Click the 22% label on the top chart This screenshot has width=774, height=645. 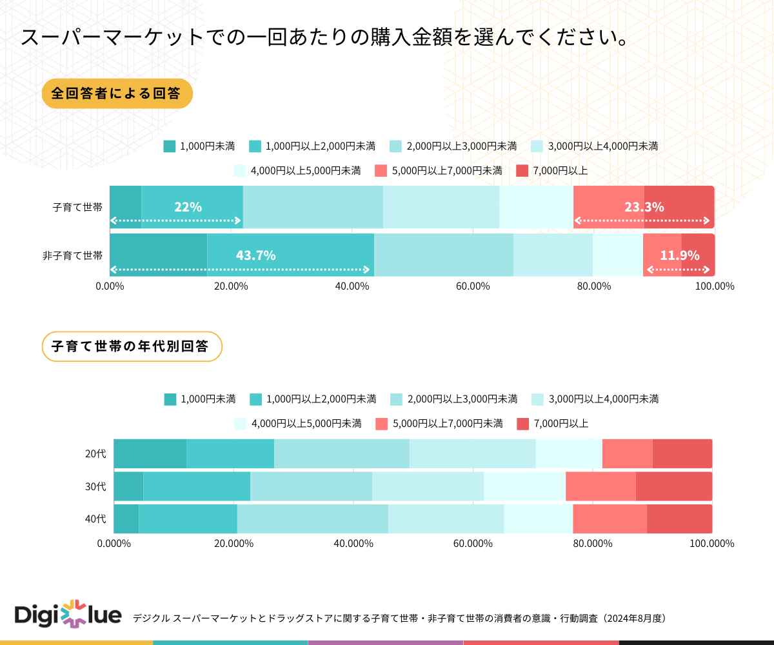[188, 207]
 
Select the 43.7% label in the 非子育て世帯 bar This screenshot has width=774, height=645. [255, 255]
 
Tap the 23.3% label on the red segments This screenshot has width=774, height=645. [644, 207]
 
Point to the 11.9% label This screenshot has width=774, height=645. [679, 255]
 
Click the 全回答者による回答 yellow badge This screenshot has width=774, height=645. [117, 93]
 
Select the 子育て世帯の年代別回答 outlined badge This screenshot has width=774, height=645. [132, 346]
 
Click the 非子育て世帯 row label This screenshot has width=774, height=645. [72, 255]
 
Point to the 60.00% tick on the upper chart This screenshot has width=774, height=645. [473, 286]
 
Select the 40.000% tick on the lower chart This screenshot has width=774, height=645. [353, 543]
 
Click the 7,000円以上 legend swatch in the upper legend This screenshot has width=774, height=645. [522, 171]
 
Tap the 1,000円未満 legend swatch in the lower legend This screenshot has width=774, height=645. [170, 399]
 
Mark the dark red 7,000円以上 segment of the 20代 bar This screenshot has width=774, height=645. [682, 453]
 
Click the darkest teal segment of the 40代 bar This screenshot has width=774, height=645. [126, 519]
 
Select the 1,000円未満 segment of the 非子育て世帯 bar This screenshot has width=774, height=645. [158, 255]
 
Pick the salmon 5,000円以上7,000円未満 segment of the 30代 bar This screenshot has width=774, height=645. [600, 486]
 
